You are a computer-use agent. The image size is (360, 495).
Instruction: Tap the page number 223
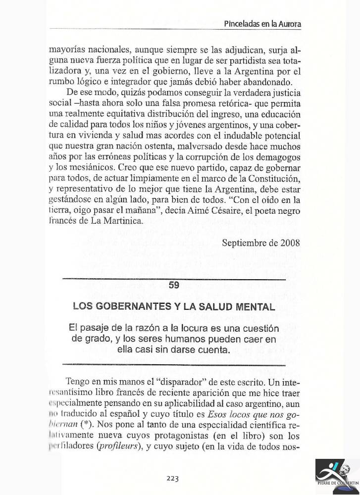pos(173,478)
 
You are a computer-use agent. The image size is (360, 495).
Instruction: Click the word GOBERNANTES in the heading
pos(131,306)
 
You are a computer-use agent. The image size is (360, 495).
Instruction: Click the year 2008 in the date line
pos(289,243)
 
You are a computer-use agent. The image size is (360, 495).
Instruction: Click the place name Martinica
pos(113,221)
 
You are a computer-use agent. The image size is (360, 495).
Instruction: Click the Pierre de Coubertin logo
pos(335,477)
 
